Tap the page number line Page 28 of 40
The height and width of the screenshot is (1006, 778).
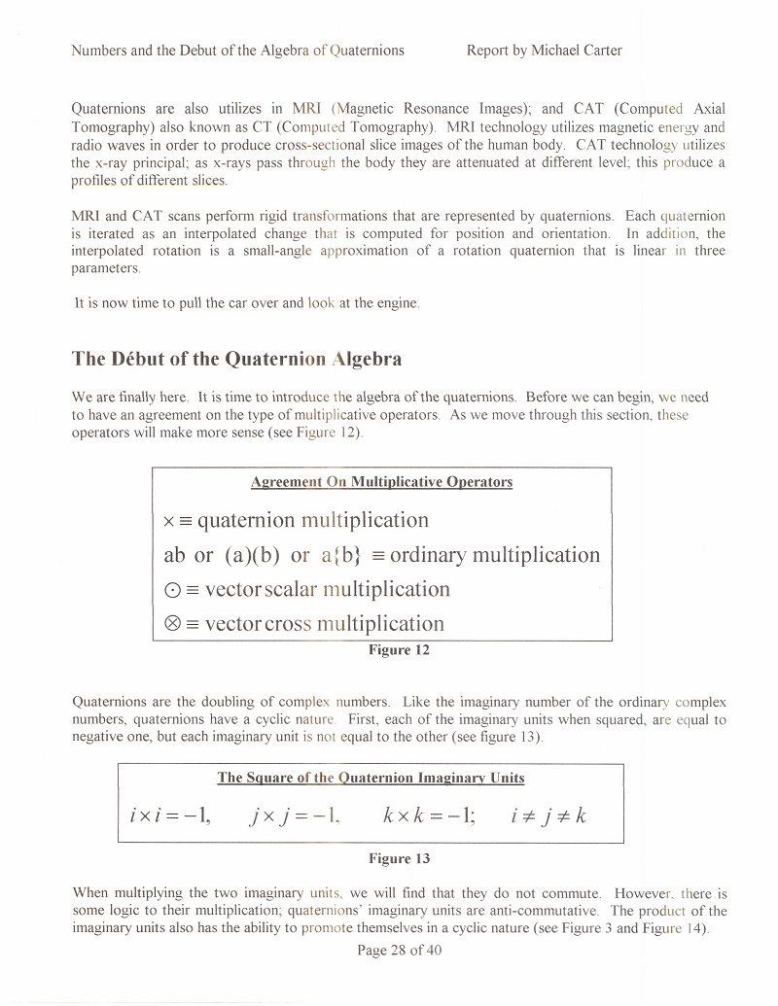coord(400,950)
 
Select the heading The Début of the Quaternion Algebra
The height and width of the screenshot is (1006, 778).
coord(236,359)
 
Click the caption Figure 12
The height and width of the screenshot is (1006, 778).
coord(399,650)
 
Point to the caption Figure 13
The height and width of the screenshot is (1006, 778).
coord(399,858)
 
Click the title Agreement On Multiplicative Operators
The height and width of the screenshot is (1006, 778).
coord(381,482)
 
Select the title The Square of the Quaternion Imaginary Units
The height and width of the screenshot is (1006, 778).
coord(371,778)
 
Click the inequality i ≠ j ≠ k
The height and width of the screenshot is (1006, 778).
coord(548,815)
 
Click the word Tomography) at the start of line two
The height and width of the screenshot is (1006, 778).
coord(109,127)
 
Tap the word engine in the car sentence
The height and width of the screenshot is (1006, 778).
coord(398,303)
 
